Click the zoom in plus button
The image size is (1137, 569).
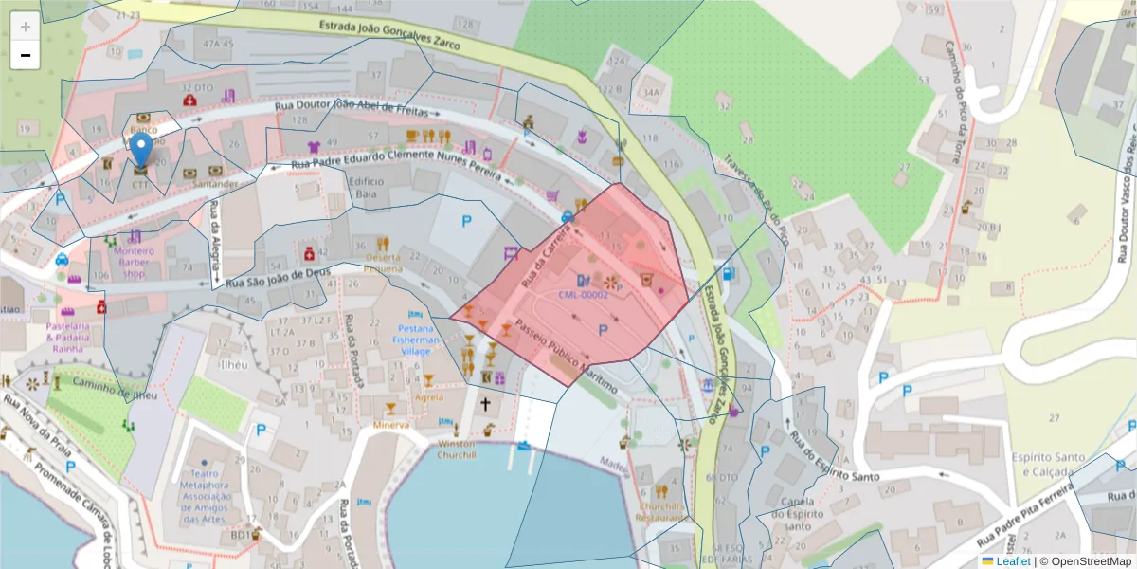coord(26,27)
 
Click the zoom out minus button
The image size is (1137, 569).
coord(26,55)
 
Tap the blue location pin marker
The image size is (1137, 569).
coord(141,152)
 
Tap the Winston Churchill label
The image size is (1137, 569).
coord(456,449)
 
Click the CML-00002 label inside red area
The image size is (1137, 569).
coord(583,295)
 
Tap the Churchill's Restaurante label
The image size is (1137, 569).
coord(661,512)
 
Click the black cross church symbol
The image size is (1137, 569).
coord(486,404)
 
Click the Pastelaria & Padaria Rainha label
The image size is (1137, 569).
coord(66,337)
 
